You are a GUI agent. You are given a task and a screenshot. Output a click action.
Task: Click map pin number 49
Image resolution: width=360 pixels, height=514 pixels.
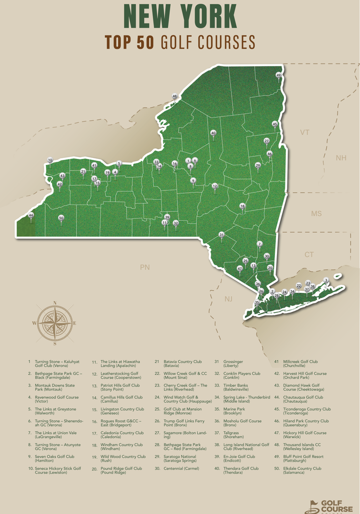pos(279,75)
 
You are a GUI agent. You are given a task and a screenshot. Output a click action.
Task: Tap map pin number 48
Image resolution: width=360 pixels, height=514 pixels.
pos(174,96)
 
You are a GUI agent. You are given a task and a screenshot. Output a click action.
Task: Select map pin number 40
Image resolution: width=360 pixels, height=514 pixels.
pos(213,133)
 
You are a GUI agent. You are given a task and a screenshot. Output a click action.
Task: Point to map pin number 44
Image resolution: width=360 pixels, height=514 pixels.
pos(31,215)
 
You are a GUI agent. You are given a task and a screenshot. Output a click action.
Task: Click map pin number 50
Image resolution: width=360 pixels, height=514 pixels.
pos(61,218)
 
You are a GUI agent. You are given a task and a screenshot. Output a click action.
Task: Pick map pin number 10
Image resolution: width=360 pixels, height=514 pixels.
pos(50,160)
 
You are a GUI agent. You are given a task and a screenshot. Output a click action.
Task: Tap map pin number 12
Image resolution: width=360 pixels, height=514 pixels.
pos(215,186)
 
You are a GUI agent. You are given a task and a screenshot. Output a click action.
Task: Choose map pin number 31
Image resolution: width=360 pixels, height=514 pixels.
pos(221,235)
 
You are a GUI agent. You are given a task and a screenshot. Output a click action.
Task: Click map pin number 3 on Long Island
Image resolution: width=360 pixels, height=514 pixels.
pos(326,281)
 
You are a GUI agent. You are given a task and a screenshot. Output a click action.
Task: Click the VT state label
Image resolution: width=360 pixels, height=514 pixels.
pos(305,132)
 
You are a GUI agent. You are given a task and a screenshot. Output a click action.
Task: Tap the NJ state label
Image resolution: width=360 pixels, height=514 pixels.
pos(228,299)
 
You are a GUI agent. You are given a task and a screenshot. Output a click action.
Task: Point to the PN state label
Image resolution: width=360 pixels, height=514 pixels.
pos(144,268)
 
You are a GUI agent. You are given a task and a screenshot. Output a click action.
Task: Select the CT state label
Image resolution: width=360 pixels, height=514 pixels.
pos(309,255)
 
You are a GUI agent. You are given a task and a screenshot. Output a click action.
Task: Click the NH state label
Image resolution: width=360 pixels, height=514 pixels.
pos(341,158)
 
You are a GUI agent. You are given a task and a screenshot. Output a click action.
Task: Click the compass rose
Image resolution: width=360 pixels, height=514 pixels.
pos(54,323)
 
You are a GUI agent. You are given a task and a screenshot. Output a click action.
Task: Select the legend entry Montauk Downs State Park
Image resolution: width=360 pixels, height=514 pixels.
pos(54,388)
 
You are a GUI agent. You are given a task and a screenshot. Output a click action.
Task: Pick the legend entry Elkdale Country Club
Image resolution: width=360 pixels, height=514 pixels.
pos(302,471)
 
